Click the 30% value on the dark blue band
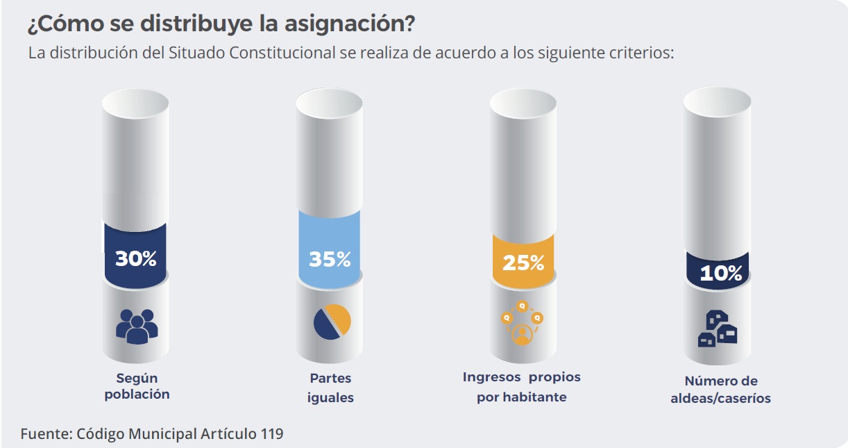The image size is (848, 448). [136, 259]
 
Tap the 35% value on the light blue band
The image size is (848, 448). [330, 259]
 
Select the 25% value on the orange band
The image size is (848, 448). [523, 263]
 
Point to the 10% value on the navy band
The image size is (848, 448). [720, 273]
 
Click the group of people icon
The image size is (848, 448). [137, 325]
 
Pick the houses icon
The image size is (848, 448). [717, 329]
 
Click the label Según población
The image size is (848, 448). [137, 386]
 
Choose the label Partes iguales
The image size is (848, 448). [331, 388]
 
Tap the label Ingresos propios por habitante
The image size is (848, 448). [522, 387]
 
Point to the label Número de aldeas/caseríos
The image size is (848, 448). [721, 390]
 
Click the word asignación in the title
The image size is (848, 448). [350, 24]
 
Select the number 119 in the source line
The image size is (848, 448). [271, 434]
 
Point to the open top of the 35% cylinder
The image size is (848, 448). [329, 102]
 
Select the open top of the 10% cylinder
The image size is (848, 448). [718, 102]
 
